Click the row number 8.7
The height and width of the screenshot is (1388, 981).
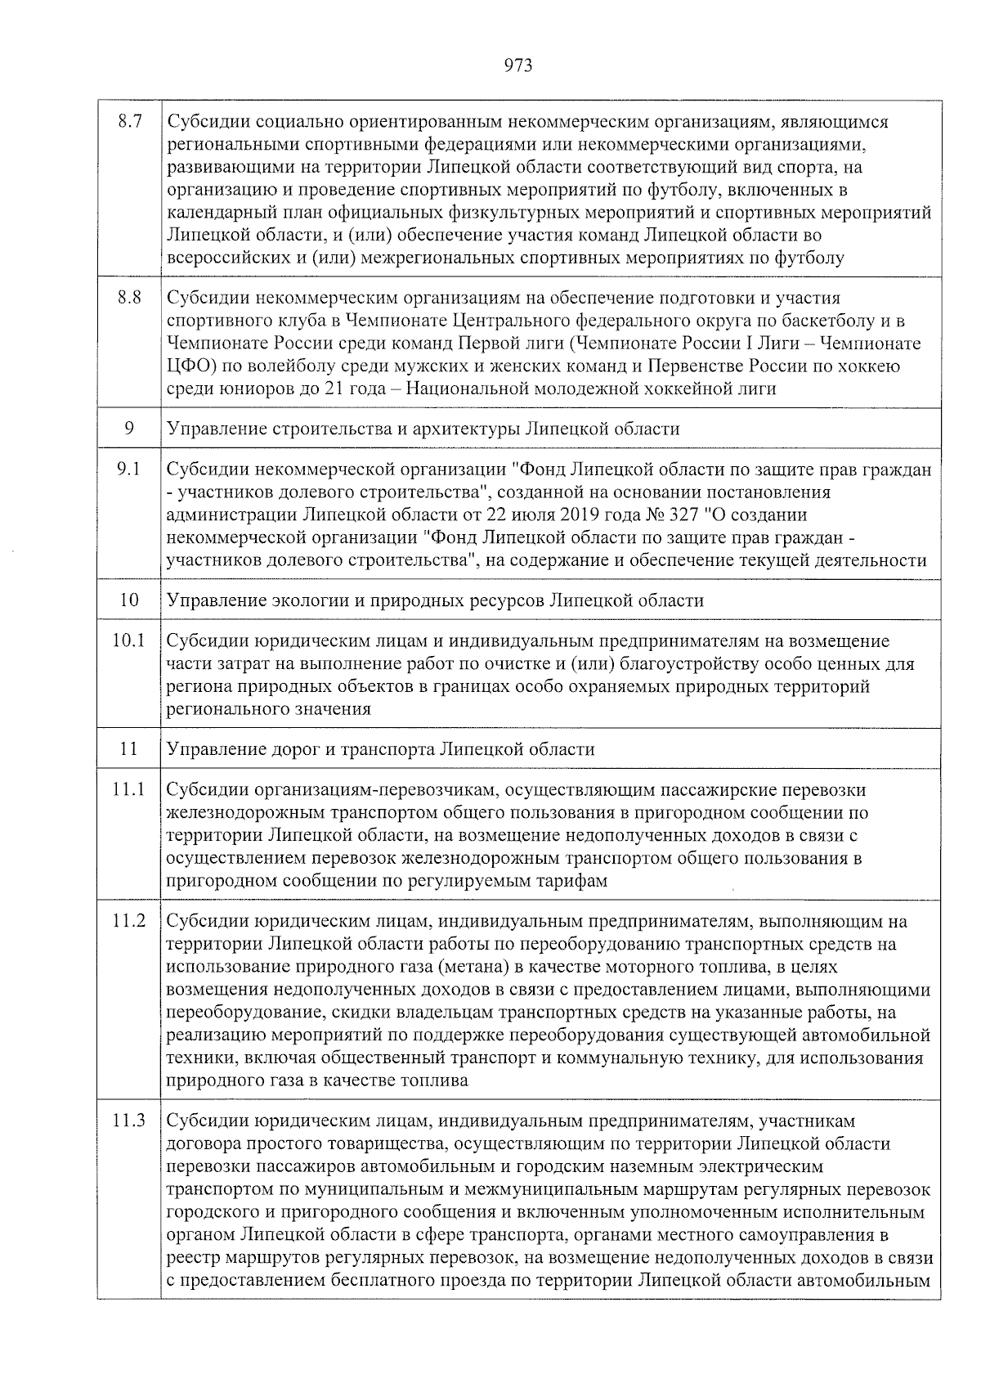[130, 122]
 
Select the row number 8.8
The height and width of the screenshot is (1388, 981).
[130, 298]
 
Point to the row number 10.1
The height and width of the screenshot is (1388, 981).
[129, 640]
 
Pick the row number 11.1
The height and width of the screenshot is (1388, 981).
[129, 790]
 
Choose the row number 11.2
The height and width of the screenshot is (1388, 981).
[129, 922]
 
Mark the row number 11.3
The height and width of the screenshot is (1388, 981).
[129, 1121]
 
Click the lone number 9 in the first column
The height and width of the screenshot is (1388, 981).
[129, 429]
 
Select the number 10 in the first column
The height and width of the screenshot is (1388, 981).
[129, 600]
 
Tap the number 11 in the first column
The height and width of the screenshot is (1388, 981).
[129, 749]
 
